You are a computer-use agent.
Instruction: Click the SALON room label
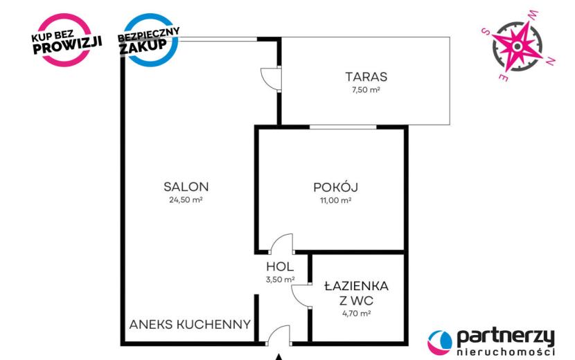pos(186,187)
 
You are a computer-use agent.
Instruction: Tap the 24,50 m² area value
pos(186,200)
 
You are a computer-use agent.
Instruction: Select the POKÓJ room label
pos(335,187)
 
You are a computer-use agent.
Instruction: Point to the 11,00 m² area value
pos(335,200)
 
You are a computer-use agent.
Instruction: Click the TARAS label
pos(366,77)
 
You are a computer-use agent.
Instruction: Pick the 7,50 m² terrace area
pos(366,90)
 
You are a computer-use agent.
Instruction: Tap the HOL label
pos(280,266)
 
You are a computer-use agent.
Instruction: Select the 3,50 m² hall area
pos(280,280)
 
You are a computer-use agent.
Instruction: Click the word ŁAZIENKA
pos(357,286)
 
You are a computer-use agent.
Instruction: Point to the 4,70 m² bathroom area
pos(357,314)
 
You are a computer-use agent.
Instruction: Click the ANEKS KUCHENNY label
pos(190,325)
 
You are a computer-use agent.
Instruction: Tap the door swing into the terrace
pos(271,78)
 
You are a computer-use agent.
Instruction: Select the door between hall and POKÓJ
pos(282,244)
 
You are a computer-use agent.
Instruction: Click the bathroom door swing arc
pos(301,295)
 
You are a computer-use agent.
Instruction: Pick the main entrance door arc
pos(278,334)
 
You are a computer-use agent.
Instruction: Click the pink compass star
pos(517,46)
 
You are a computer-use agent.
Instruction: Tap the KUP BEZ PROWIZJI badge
pos(65,40)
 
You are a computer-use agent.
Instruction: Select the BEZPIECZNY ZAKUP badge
pos(149,40)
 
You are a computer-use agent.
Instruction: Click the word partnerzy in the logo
pos(506,338)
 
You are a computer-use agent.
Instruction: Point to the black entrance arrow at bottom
pos(279,357)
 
